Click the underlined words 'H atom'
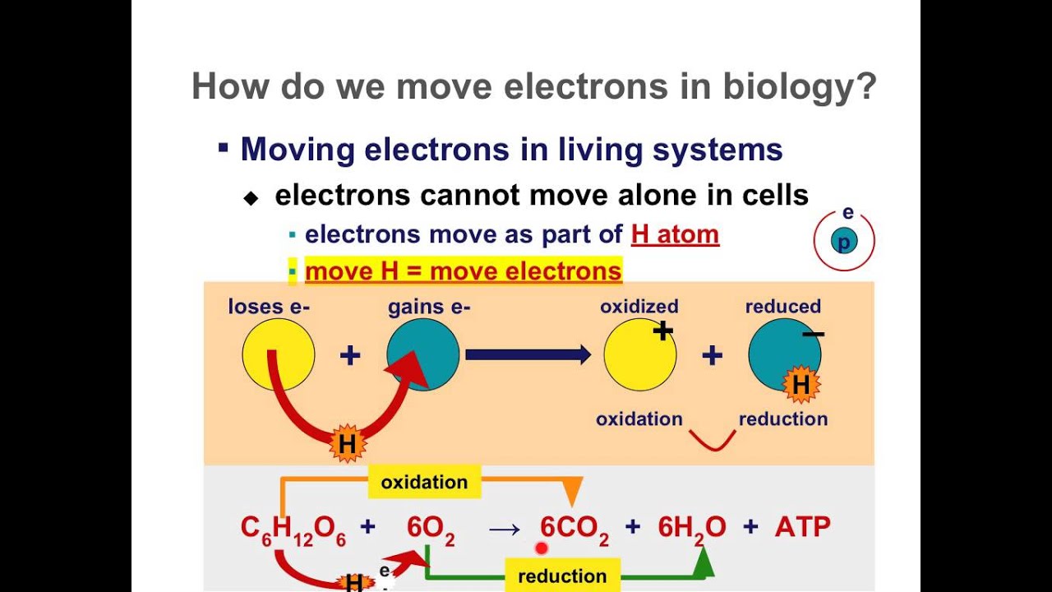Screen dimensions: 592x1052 point(675,234)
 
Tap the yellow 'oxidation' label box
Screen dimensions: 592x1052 point(424,482)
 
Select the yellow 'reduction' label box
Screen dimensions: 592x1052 point(562,576)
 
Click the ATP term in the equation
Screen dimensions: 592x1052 point(802,527)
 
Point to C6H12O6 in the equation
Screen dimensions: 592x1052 point(293,528)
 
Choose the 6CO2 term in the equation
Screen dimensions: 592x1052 point(574,528)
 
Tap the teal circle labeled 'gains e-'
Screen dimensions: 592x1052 point(423,354)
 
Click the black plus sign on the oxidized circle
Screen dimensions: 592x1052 point(662,331)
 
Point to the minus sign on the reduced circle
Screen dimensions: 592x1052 point(813,334)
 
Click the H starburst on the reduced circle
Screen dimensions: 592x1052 point(801,385)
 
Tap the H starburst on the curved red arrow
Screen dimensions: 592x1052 point(347,445)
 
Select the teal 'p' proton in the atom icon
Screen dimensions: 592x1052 point(843,242)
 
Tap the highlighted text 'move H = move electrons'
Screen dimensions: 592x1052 point(463,271)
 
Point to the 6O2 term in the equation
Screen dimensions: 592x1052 point(431,528)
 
